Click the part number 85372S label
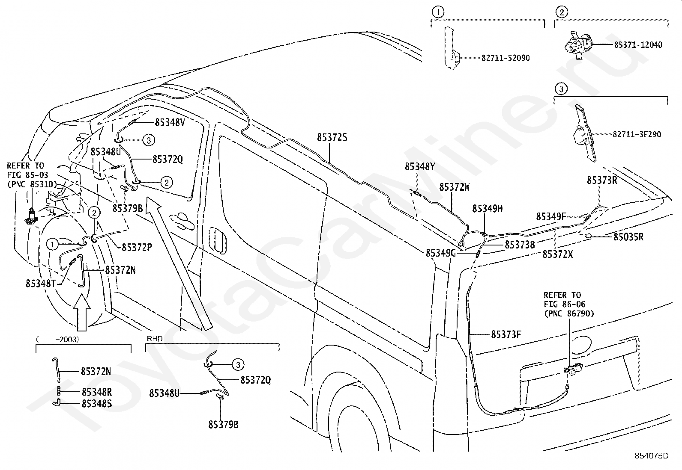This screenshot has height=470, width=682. [x=332, y=137]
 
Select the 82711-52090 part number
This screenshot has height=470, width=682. [x=506, y=58]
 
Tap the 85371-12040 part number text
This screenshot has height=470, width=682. [x=638, y=44]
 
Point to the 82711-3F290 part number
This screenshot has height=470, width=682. [x=637, y=134]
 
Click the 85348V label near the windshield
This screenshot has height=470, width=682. [x=170, y=122]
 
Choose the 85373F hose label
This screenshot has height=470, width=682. [x=506, y=334]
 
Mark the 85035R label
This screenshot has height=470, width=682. [x=628, y=237]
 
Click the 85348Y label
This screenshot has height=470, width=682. [x=420, y=167]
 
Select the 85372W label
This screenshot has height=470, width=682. [x=454, y=187]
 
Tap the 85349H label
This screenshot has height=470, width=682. [x=488, y=209]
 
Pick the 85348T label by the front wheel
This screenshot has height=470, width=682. [x=41, y=284]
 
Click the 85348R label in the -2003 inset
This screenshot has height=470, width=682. [x=97, y=392]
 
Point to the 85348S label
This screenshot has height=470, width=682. [x=97, y=403]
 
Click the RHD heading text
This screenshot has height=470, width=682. [x=155, y=339]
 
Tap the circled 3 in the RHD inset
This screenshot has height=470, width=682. [x=238, y=364]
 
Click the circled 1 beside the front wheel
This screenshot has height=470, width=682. [x=52, y=244]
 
